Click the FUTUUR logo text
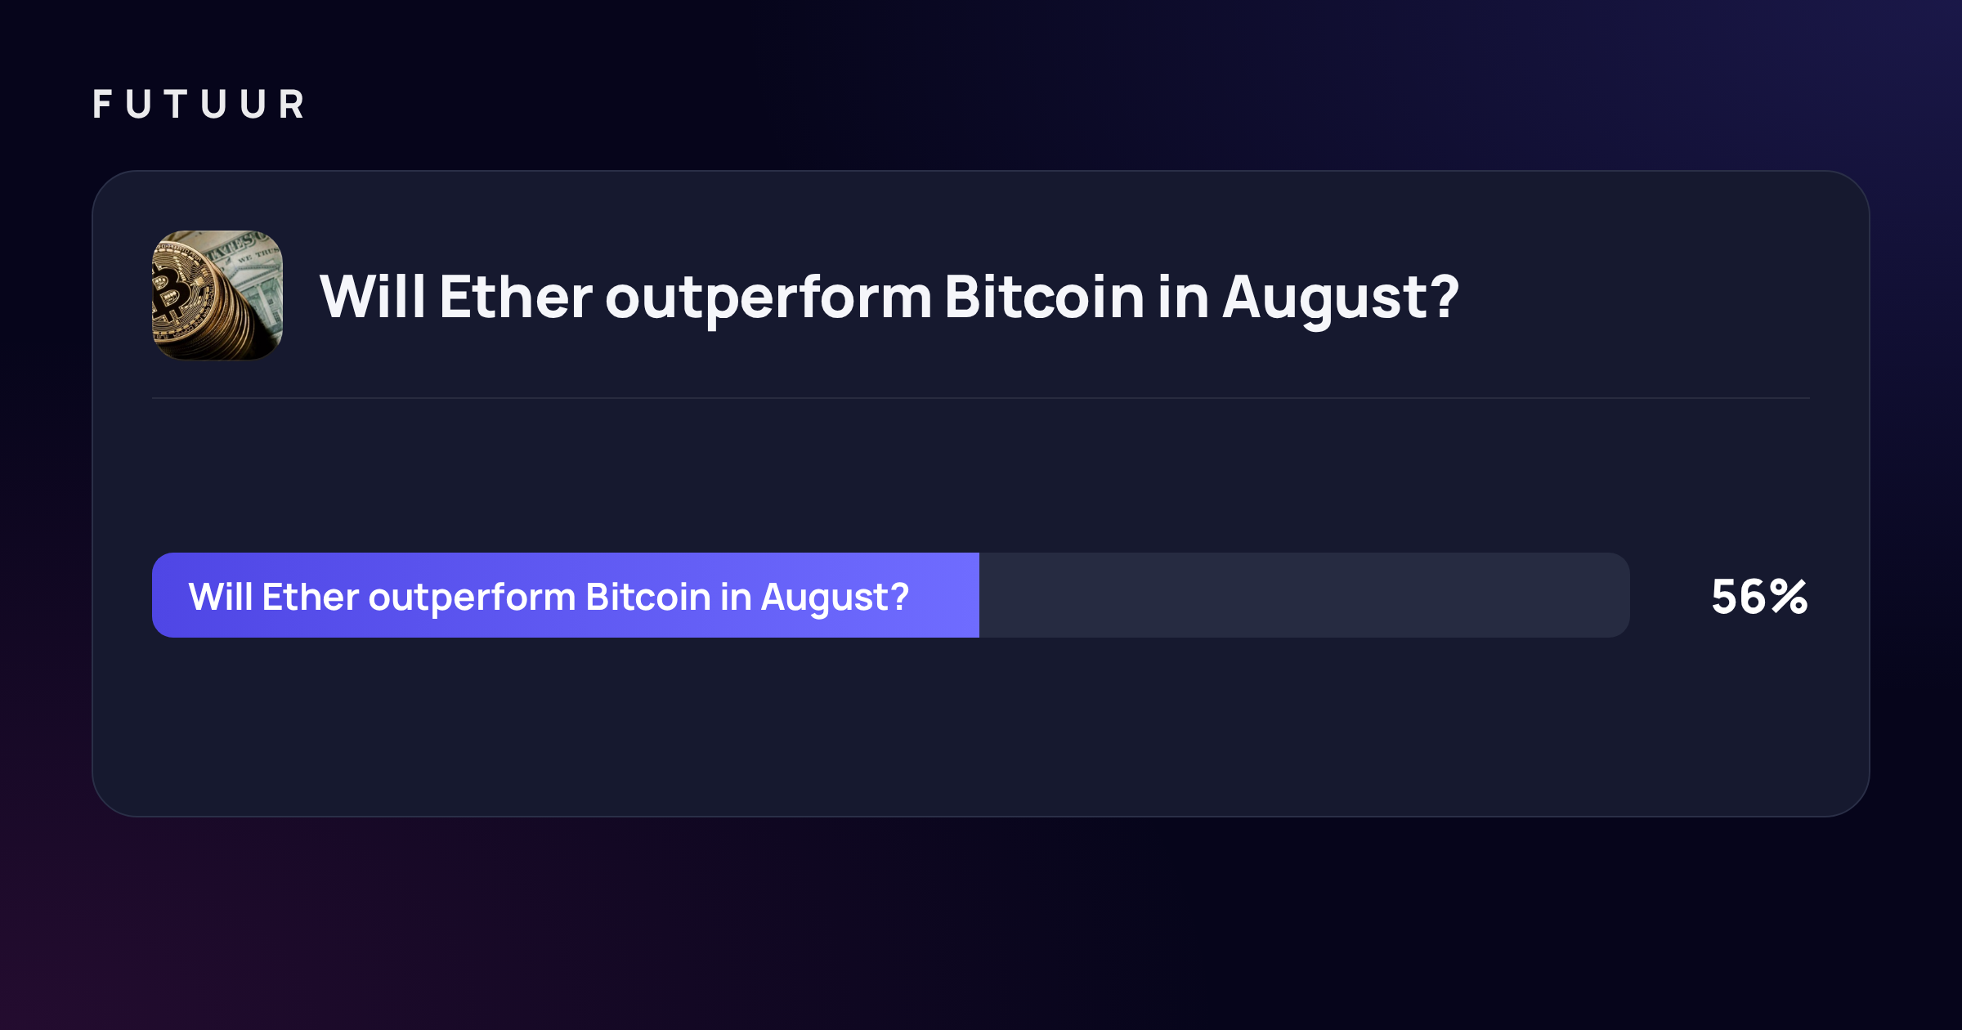pyautogui.click(x=199, y=105)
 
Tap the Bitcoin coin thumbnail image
pyautogui.click(x=217, y=295)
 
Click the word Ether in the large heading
pyautogui.click(x=516, y=297)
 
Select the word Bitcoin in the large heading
pyautogui.click(x=1044, y=297)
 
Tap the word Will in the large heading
pyautogui.click(x=373, y=296)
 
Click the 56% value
pyautogui.click(x=1759, y=597)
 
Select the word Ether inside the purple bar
pyautogui.click(x=311, y=597)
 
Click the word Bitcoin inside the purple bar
pyautogui.click(x=648, y=597)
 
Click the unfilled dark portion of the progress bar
pyautogui.click(x=1305, y=595)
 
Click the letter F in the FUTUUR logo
pyautogui.click(x=102, y=105)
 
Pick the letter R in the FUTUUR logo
pyautogui.click(x=292, y=105)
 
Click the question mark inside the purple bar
pyautogui.click(x=900, y=596)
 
